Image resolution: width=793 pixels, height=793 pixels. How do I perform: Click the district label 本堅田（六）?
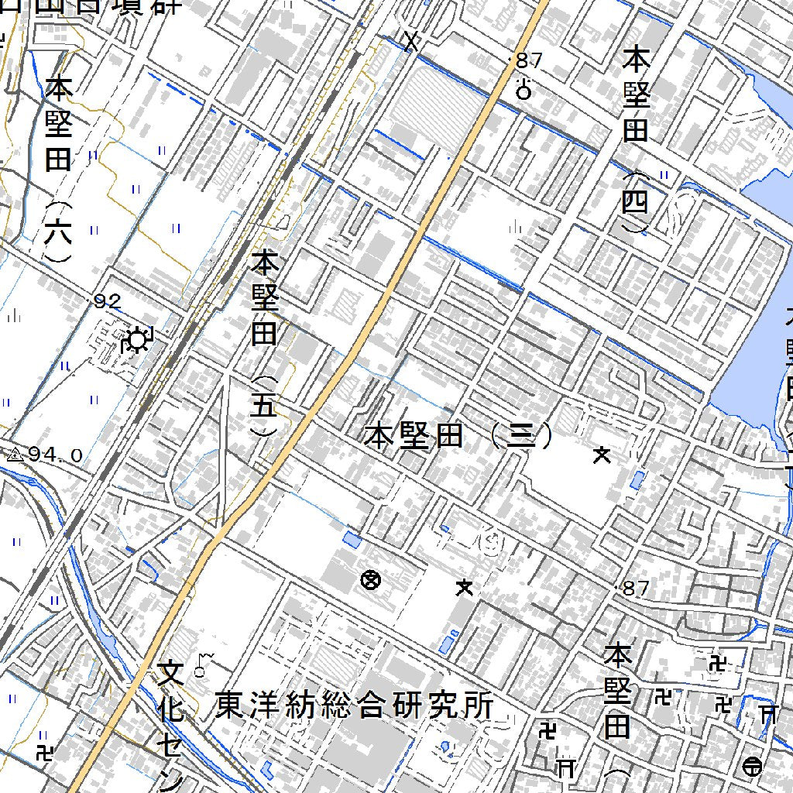pyautogui.click(x=59, y=169)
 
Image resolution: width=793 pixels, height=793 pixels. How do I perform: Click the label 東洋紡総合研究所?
pyautogui.click(x=355, y=705)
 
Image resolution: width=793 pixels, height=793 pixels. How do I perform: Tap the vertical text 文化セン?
pyautogui.click(x=171, y=725)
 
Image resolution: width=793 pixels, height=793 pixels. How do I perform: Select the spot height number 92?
pyautogui.click(x=107, y=301)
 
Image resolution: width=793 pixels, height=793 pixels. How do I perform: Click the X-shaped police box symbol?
pyautogui.click(x=411, y=40)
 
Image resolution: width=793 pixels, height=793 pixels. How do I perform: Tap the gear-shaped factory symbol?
pyautogui.click(x=137, y=340)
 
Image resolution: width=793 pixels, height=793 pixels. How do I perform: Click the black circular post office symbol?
pyautogui.click(x=750, y=767)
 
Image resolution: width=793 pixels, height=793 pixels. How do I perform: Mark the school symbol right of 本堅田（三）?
pyautogui.click(x=602, y=455)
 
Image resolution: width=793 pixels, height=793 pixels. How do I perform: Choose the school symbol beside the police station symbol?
pyautogui.click(x=465, y=588)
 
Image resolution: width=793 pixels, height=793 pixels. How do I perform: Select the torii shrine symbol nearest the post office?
pyautogui.click(x=768, y=712)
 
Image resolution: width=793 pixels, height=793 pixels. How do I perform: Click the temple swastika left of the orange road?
pyautogui.click(x=45, y=751)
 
